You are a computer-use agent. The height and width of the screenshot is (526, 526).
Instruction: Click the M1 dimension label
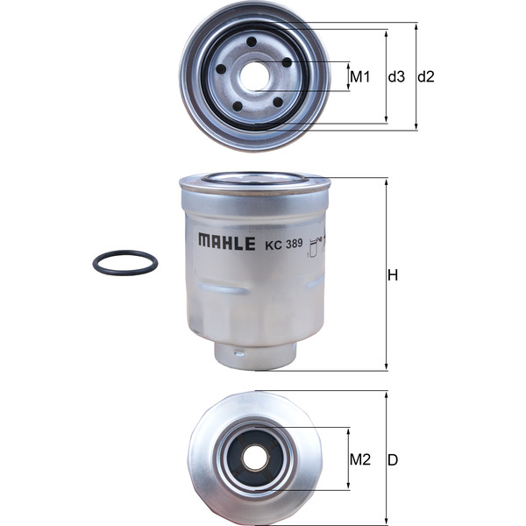[x=360, y=77]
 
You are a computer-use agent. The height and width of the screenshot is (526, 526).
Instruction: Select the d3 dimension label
[x=396, y=77]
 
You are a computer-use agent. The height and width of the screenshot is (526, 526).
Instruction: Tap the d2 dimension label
[x=426, y=77]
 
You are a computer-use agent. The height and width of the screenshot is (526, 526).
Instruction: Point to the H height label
[x=394, y=275]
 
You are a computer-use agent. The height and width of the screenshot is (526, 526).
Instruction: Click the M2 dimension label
[x=360, y=459]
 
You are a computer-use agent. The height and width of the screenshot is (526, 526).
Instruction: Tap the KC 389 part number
[x=283, y=245]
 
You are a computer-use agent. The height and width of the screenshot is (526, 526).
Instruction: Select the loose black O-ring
[x=125, y=262]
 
